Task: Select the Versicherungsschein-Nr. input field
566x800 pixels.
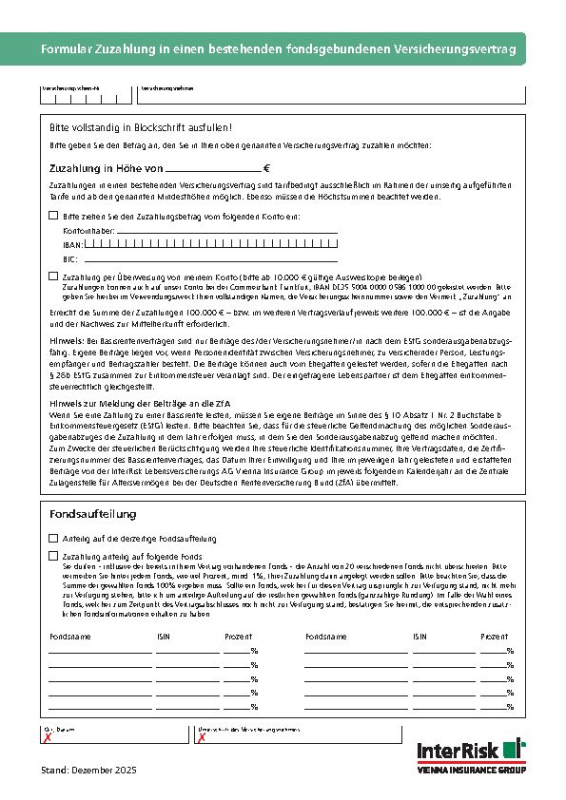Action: click(x=86, y=95)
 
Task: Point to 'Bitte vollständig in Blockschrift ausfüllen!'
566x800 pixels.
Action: click(x=140, y=126)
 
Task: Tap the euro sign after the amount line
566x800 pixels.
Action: click(x=266, y=166)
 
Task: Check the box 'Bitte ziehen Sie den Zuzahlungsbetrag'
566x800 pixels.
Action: click(x=53, y=216)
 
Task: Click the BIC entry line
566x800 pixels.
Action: click(x=209, y=257)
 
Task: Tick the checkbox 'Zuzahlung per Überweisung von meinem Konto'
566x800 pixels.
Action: click(x=53, y=275)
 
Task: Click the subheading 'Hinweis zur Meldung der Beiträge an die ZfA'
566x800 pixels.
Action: click(x=136, y=405)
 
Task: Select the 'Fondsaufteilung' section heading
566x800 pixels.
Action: click(x=92, y=514)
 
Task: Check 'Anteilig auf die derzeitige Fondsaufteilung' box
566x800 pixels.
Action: click(x=53, y=538)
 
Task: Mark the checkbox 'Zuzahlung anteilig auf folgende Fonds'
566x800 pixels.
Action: click(x=53, y=555)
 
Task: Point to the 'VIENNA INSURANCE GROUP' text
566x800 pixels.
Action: click(x=471, y=769)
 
